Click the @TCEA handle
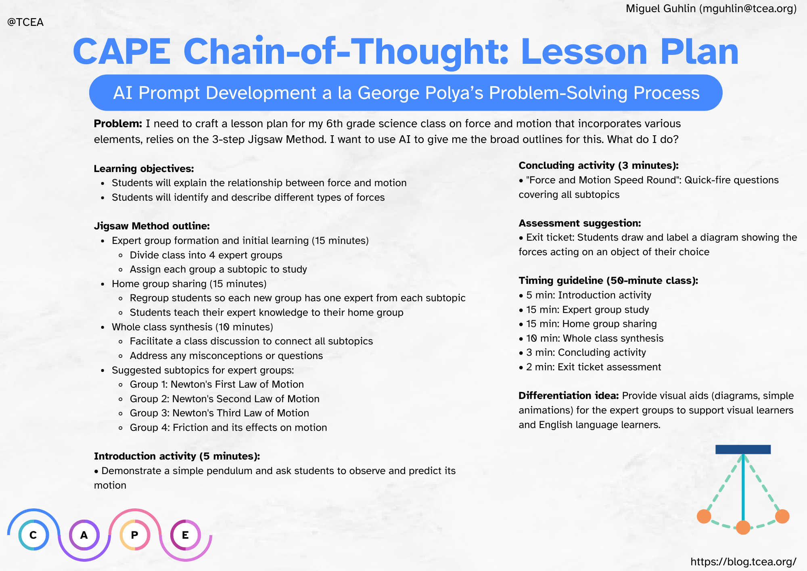(x=25, y=22)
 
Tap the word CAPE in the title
(x=122, y=52)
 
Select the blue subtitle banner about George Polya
(x=406, y=93)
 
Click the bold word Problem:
(x=118, y=124)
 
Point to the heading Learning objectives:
(x=144, y=168)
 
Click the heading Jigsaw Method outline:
(x=152, y=226)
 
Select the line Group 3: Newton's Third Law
(x=219, y=413)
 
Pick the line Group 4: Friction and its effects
(x=228, y=427)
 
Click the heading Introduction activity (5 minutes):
(x=177, y=456)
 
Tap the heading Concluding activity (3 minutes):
(x=598, y=165)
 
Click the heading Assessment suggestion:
(x=579, y=223)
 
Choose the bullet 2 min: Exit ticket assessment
(x=593, y=367)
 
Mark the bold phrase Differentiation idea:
(x=569, y=395)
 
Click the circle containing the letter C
(x=33, y=535)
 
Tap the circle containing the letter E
(x=185, y=535)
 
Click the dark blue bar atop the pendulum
(x=743, y=449)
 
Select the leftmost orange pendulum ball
(x=704, y=516)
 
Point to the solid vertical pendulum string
(x=743, y=489)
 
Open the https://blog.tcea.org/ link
(x=743, y=562)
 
